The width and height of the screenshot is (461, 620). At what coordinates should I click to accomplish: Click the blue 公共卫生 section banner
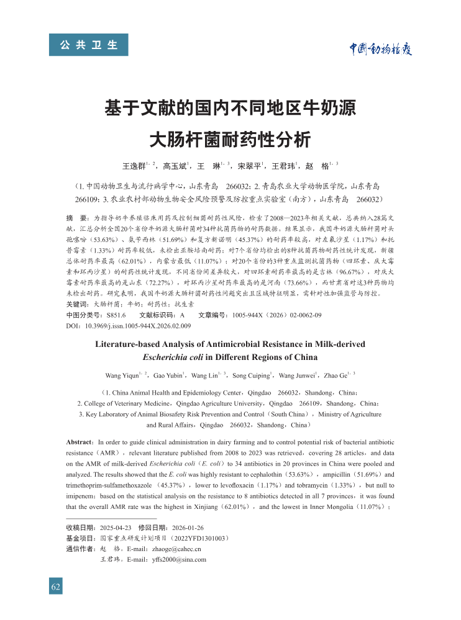[x=88, y=45]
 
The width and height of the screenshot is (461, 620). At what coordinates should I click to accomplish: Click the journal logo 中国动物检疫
[x=379, y=50]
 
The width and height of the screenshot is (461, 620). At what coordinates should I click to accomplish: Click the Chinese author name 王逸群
[x=134, y=166]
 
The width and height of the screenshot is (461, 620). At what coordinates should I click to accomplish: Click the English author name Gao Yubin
[x=168, y=375]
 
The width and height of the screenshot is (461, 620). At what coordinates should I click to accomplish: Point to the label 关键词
[x=77, y=305]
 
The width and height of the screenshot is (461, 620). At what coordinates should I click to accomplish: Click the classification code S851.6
[x=116, y=315]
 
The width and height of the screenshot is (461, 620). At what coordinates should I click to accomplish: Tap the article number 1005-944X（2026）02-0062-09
[x=277, y=315]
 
